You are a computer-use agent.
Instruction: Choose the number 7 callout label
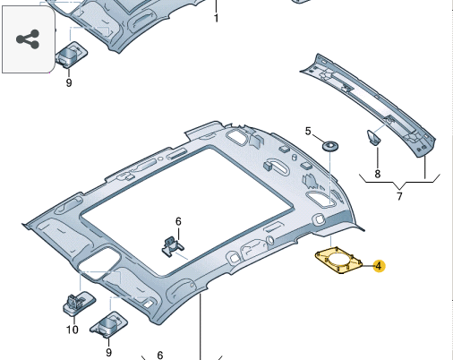point(398,196)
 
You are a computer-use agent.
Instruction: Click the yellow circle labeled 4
point(379,265)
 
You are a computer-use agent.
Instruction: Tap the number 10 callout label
point(73,330)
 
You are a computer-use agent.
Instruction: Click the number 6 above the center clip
point(177,221)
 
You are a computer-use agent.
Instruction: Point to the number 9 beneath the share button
point(68,82)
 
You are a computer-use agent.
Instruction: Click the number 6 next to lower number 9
point(159,355)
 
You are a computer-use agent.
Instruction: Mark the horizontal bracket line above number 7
point(398,179)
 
